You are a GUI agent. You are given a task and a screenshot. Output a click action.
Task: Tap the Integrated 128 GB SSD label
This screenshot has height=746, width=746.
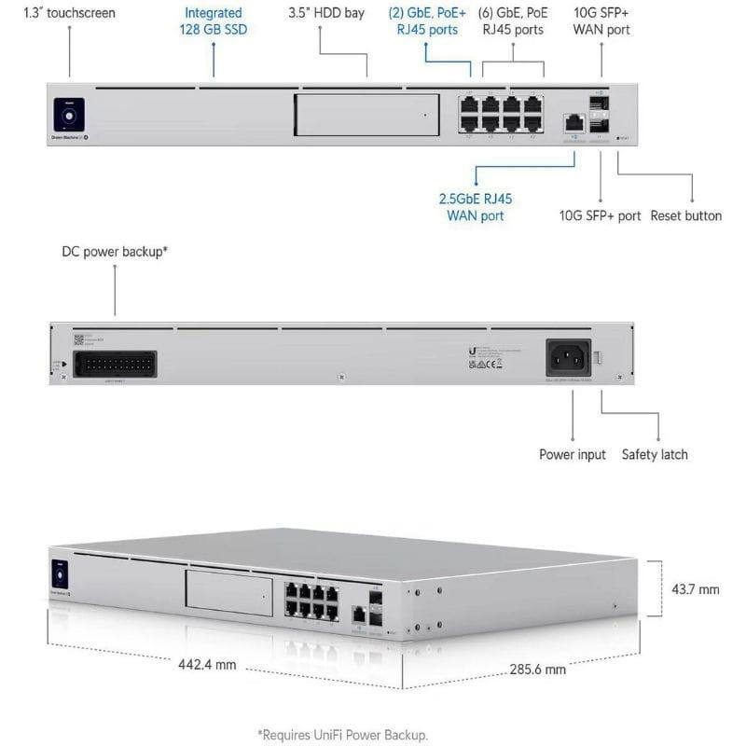tap(213, 21)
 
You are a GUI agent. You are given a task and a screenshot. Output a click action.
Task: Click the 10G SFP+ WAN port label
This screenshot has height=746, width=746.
tap(601, 21)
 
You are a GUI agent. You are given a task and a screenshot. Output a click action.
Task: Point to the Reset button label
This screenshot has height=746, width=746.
tap(685, 215)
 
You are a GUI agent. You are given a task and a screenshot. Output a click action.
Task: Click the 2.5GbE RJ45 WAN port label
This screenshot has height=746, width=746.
tap(475, 207)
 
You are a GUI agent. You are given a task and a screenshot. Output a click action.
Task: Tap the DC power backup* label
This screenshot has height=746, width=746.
tap(115, 252)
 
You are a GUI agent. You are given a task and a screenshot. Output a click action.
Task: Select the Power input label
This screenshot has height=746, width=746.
tap(573, 454)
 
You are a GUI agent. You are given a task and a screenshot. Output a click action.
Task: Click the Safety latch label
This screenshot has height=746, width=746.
tap(655, 454)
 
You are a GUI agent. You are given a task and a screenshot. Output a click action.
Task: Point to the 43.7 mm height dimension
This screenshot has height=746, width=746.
tap(695, 589)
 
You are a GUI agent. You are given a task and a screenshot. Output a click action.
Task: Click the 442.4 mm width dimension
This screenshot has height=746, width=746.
tap(207, 665)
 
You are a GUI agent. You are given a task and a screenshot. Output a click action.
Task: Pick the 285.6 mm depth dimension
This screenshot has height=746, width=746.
tap(536, 670)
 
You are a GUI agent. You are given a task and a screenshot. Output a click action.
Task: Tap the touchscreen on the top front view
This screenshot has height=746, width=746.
tap(69, 116)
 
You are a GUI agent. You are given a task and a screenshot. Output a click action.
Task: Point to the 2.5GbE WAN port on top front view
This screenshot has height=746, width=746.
tap(574, 122)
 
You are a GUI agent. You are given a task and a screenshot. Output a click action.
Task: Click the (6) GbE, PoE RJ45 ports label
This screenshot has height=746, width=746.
tap(513, 21)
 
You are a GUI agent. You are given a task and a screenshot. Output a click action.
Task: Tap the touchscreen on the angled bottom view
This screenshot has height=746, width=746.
tap(62, 572)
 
